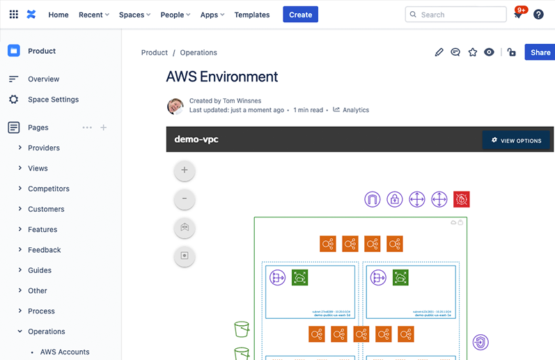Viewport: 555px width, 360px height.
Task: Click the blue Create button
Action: click(300, 15)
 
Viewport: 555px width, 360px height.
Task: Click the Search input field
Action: click(455, 15)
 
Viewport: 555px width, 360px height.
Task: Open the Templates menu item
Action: click(251, 15)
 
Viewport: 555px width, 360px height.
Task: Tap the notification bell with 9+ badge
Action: click(517, 15)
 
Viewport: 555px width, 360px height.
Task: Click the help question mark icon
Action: click(538, 15)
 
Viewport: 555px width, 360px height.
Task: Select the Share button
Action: click(540, 52)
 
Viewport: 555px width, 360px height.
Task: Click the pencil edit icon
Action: click(439, 52)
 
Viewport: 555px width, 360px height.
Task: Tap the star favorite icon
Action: click(472, 52)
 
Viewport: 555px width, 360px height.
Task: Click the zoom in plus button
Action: click(185, 170)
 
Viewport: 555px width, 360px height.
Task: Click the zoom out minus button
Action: click(185, 199)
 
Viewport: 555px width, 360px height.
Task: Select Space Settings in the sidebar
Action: click(53, 100)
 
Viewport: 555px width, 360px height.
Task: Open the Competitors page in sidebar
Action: click(49, 189)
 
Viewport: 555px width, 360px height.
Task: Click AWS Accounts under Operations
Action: click(65, 352)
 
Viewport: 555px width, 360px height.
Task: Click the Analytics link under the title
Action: click(355, 110)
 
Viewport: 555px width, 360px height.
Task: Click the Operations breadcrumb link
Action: click(198, 52)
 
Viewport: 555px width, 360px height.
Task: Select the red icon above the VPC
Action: click(461, 199)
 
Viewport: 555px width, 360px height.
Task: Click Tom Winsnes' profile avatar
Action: click(175, 106)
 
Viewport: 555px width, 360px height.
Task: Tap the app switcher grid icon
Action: click(13, 15)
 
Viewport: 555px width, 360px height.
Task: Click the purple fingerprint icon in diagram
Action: click(480, 342)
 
